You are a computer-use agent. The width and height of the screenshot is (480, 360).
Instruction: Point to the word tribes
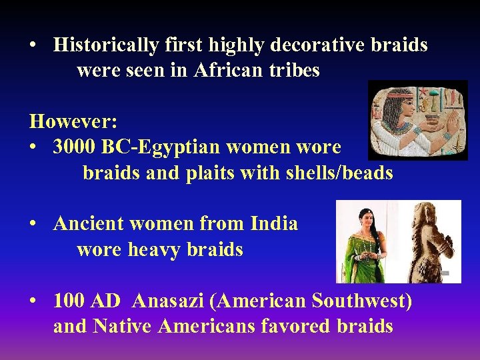click(x=295, y=70)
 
